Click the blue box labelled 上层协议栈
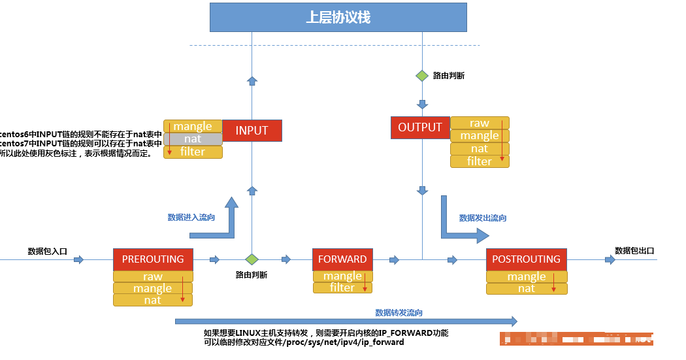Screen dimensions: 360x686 click(x=338, y=17)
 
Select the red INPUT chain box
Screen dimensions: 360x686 click(x=252, y=131)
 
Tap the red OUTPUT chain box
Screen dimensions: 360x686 click(x=420, y=127)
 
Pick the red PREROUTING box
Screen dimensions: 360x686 click(x=153, y=259)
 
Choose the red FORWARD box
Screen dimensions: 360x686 click(x=342, y=259)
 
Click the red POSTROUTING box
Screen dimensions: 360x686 click(x=526, y=259)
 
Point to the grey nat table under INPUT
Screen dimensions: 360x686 click(x=193, y=139)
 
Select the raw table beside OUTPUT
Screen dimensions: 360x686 click(x=479, y=123)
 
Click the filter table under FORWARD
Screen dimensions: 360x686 click(x=342, y=287)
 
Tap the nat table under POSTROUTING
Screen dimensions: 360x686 click(x=526, y=288)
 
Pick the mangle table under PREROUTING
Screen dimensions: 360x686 click(x=153, y=288)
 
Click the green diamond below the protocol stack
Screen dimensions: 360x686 click(x=422, y=75)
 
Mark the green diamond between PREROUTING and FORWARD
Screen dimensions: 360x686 click(x=252, y=259)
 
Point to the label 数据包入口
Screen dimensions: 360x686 click(x=48, y=252)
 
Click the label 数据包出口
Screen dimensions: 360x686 click(x=634, y=250)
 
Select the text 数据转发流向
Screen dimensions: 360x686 click(x=399, y=313)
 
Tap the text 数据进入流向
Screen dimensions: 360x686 click(x=191, y=218)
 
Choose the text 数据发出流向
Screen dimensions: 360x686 click(x=483, y=218)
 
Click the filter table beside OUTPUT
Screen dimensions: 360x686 click(x=479, y=161)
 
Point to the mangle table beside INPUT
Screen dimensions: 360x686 click(x=193, y=126)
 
